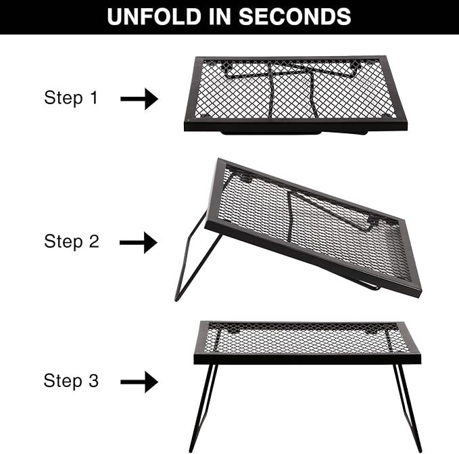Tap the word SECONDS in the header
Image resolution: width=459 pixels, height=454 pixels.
click(x=295, y=17)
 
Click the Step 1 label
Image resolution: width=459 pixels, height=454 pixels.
click(x=71, y=97)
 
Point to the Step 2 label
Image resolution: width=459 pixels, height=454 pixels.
click(x=72, y=242)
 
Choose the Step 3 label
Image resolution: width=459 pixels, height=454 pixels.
click(x=71, y=380)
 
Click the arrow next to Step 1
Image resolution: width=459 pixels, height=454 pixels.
click(x=139, y=99)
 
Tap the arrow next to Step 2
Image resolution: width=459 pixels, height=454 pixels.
click(x=139, y=242)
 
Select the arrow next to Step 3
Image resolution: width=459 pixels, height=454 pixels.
click(x=139, y=382)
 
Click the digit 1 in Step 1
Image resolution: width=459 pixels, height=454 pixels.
click(x=94, y=97)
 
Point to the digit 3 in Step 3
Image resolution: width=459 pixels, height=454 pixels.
click(x=94, y=380)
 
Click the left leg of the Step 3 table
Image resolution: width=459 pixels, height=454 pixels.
click(x=202, y=408)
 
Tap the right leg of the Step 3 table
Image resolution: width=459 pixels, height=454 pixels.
click(x=408, y=408)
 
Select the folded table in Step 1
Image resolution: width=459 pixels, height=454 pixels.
click(x=295, y=95)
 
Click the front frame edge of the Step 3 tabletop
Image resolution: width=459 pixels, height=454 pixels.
click(x=308, y=359)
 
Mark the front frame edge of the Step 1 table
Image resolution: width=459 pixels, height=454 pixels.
click(x=295, y=126)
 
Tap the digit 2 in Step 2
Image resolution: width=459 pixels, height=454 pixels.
click(x=94, y=241)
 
